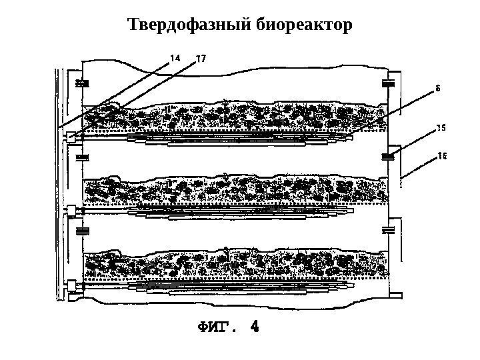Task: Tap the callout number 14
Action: (176, 58)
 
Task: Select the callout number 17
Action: (200, 59)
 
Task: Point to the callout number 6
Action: (438, 87)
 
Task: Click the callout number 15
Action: (441, 125)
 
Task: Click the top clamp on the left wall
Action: (83, 84)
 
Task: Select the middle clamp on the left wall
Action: (83, 158)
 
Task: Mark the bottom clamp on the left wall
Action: (83, 231)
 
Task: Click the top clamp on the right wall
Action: (388, 84)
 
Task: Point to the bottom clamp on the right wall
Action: (388, 231)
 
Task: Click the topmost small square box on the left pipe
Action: (69, 137)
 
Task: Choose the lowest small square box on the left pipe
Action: (69, 285)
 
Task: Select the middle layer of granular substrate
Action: (233, 190)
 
